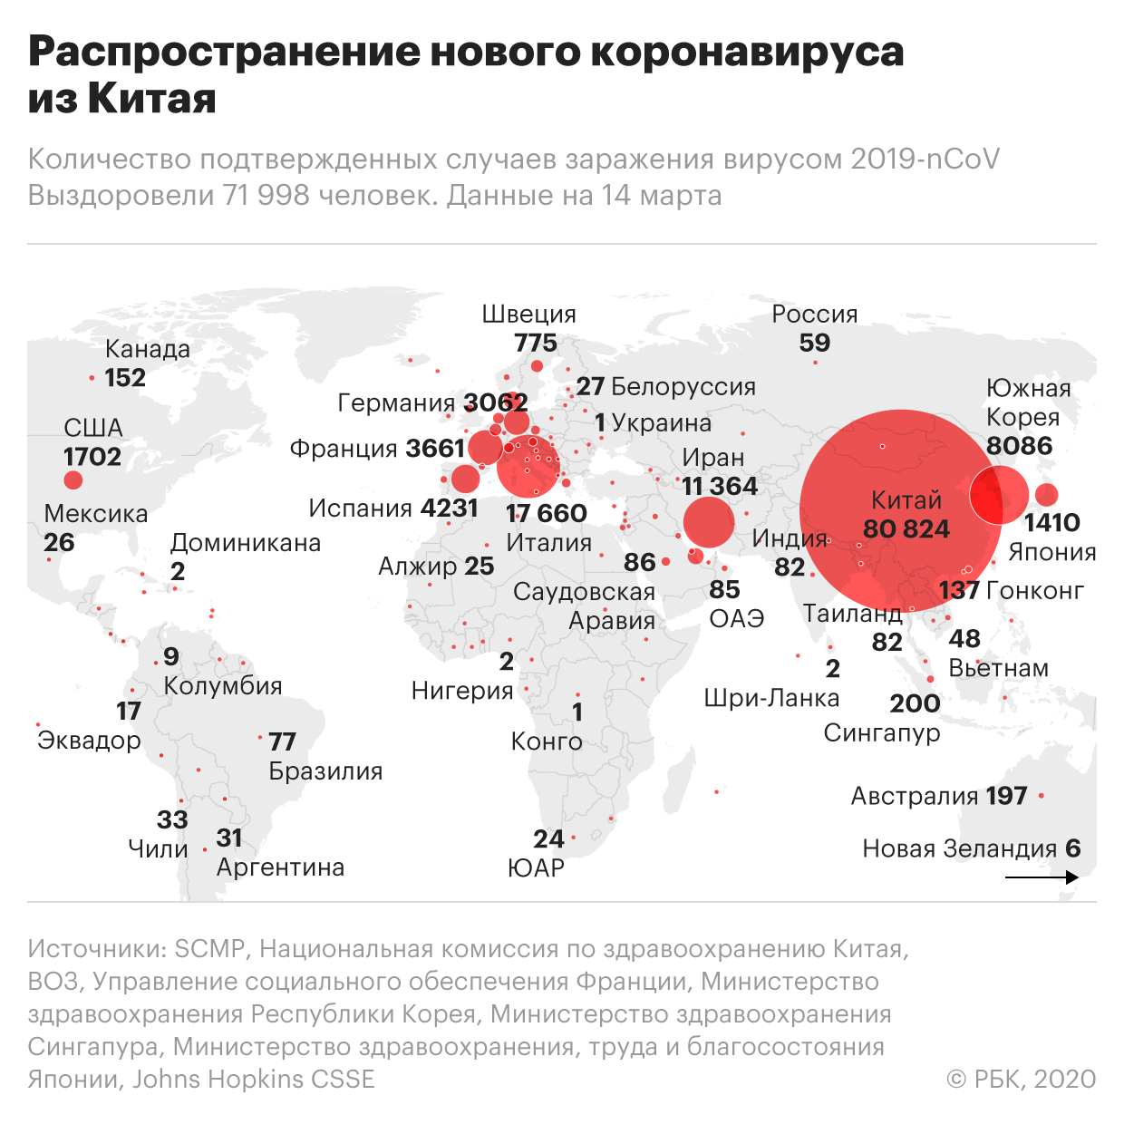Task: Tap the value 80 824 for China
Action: [906, 528]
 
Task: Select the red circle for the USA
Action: [73, 480]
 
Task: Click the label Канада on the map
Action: [148, 349]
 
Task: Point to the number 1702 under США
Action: [92, 456]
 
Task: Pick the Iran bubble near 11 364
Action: [708, 521]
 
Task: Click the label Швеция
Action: [528, 315]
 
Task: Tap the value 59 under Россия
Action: [814, 343]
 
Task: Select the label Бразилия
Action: [325, 771]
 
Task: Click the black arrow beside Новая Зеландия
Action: [1042, 877]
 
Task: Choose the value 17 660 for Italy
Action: [546, 513]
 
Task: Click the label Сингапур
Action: [881, 732]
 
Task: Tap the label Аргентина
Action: [280, 867]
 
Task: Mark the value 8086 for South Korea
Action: [1019, 446]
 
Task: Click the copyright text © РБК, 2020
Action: [1021, 1079]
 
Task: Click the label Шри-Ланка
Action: [771, 698]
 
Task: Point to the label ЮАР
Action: [536, 868]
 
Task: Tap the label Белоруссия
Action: [683, 387]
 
